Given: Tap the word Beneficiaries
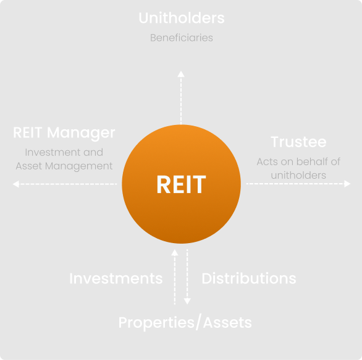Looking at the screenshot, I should point(181,38).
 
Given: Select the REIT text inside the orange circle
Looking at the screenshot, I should point(181,184).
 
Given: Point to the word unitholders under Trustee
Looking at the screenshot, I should point(298,175).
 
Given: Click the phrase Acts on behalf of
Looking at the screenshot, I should point(298,162).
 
